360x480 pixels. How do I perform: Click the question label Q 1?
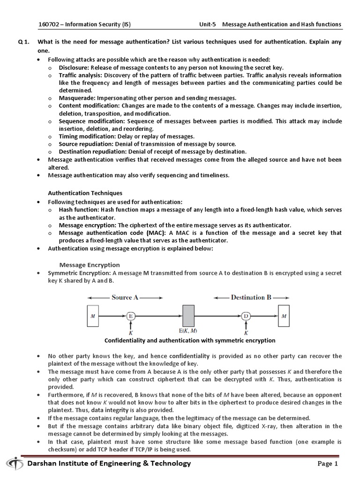pyautogui.click(x=24, y=42)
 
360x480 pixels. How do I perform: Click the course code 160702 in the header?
pyautogui.click(x=48, y=24)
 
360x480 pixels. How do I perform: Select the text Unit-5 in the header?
pyautogui.click(x=209, y=24)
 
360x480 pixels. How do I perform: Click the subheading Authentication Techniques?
pyautogui.click(x=85, y=193)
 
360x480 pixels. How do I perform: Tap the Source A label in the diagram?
pyautogui.click(x=125, y=297)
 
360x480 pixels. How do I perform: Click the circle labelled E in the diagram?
pyautogui.click(x=131, y=316)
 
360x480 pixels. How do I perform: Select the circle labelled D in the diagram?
pyautogui.click(x=246, y=316)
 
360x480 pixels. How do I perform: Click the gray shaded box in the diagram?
pyautogui.click(x=188, y=315)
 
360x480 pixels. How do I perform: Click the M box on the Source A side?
pyautogui.click(x=92, y=316)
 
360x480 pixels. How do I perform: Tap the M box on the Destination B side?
pyautogui.click(x=284, y=316)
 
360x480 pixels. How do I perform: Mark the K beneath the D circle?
pyautogui.click(x=245, y=332)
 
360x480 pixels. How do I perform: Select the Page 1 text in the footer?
pyautogui.click(x=327, y=464)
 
